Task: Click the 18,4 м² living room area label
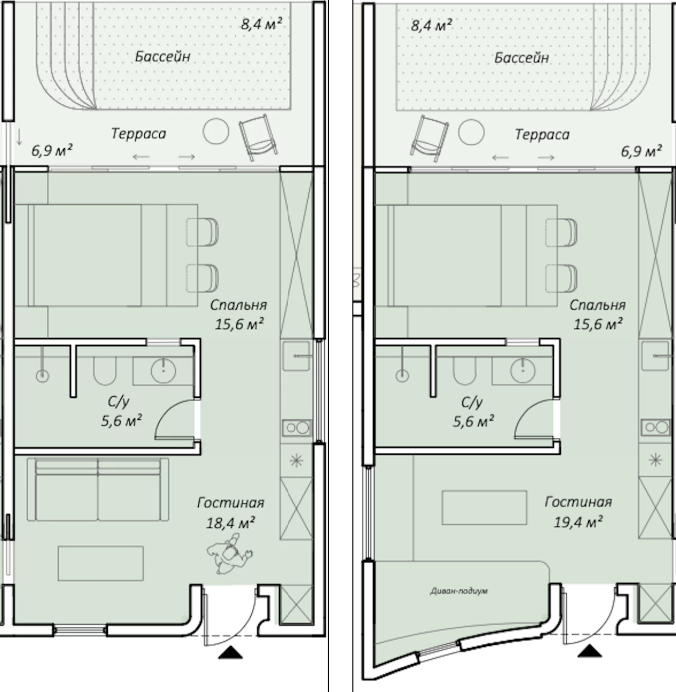pos(231,523)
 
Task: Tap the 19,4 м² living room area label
pos(578,522)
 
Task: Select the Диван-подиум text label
pos(459,591)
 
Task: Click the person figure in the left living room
pos(230,553)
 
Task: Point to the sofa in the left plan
pos(98,489)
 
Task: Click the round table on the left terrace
pos(216,131)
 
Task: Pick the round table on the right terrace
pos(471,132)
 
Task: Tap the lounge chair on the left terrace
pos(258,138)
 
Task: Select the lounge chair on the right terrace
pos(429,139)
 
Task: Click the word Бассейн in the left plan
pos(163,56)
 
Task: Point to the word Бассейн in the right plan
pos(521,57)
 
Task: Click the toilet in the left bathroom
pos(105,370)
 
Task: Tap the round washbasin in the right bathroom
pos(522,370)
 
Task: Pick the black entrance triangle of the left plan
pos(230,652)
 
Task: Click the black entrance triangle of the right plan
pos(590,651)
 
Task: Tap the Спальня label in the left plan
pos(238,305)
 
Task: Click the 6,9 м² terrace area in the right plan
pos(642,151)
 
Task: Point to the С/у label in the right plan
pos(472,402)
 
